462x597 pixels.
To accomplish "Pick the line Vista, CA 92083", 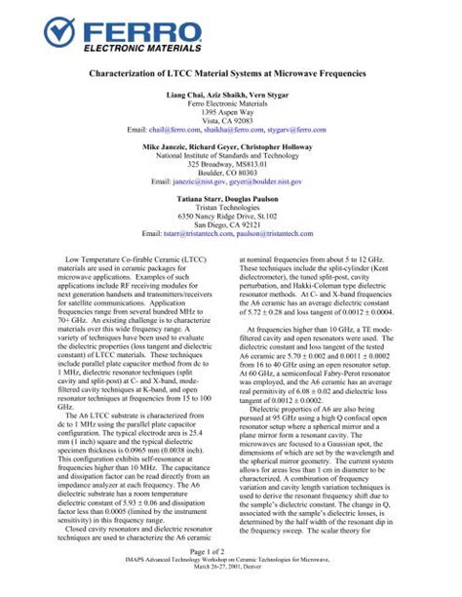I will pyautogui.click(x=230, y=128).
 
